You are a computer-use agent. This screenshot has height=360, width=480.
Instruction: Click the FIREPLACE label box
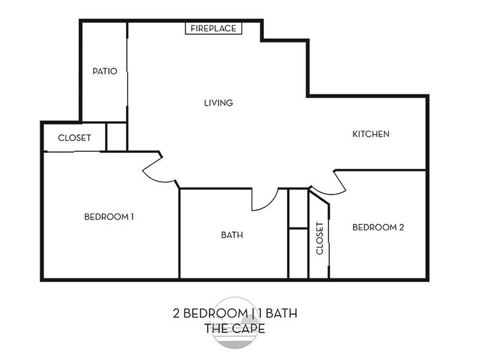click(x=214, y=28)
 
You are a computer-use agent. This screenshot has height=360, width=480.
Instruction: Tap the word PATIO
click(x=105, y=71)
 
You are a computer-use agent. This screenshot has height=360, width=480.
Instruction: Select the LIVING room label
click(x=218, y=103)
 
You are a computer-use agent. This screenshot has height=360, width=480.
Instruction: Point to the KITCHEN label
click(x=371, y=134)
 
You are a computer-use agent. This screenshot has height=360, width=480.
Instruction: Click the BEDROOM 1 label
click(x=109, y=217)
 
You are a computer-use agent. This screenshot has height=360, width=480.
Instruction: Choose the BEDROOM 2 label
click(x=379, y=227)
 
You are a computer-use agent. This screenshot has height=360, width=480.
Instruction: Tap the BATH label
click(x=232, y=235)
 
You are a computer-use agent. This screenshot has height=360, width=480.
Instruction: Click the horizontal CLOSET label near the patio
click(x=74, y=138)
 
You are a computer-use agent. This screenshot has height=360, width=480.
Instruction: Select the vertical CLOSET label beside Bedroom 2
click(x=320, y=238)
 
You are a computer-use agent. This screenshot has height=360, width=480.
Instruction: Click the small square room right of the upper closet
click(x=116, y=137)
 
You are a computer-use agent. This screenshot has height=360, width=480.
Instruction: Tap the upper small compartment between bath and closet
click(x=298, y=208)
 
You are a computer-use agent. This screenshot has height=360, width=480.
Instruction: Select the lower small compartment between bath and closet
click(x=298, y=253)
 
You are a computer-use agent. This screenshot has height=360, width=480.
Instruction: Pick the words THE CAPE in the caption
click(x=235, y=328)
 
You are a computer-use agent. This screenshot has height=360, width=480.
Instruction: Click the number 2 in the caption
click(x=176, y=313)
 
